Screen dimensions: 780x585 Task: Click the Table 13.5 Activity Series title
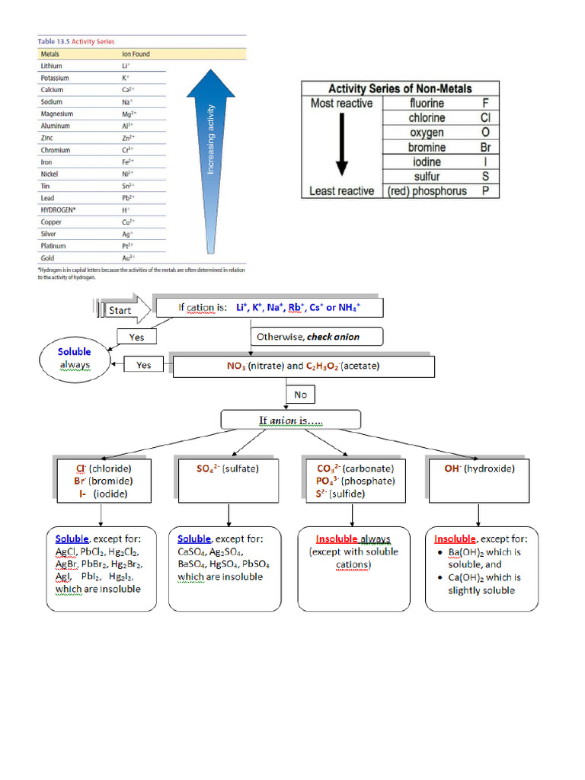click(x=76, y=41)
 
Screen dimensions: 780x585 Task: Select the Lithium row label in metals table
click(x=51, y=66)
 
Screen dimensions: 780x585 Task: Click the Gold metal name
click(x=47, y=257)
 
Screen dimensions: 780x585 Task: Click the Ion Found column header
click(x=136, y=54)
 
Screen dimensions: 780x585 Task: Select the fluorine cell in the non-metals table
click(x=427, y=104)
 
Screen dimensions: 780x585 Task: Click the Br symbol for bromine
click(x=485, y=147)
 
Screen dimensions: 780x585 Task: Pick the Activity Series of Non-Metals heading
click(x=400, y=89)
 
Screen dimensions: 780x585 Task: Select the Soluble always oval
click(x=75, y=359)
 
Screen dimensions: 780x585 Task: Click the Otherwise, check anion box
click(x=316, y=337)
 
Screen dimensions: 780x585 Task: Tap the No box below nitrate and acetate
click(x=300, y=395)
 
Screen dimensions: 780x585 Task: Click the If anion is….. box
click(x=290, y=420)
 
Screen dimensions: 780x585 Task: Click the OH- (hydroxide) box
click(x=480, y=481)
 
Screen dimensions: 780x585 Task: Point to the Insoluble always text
click(x=353, y=539)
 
